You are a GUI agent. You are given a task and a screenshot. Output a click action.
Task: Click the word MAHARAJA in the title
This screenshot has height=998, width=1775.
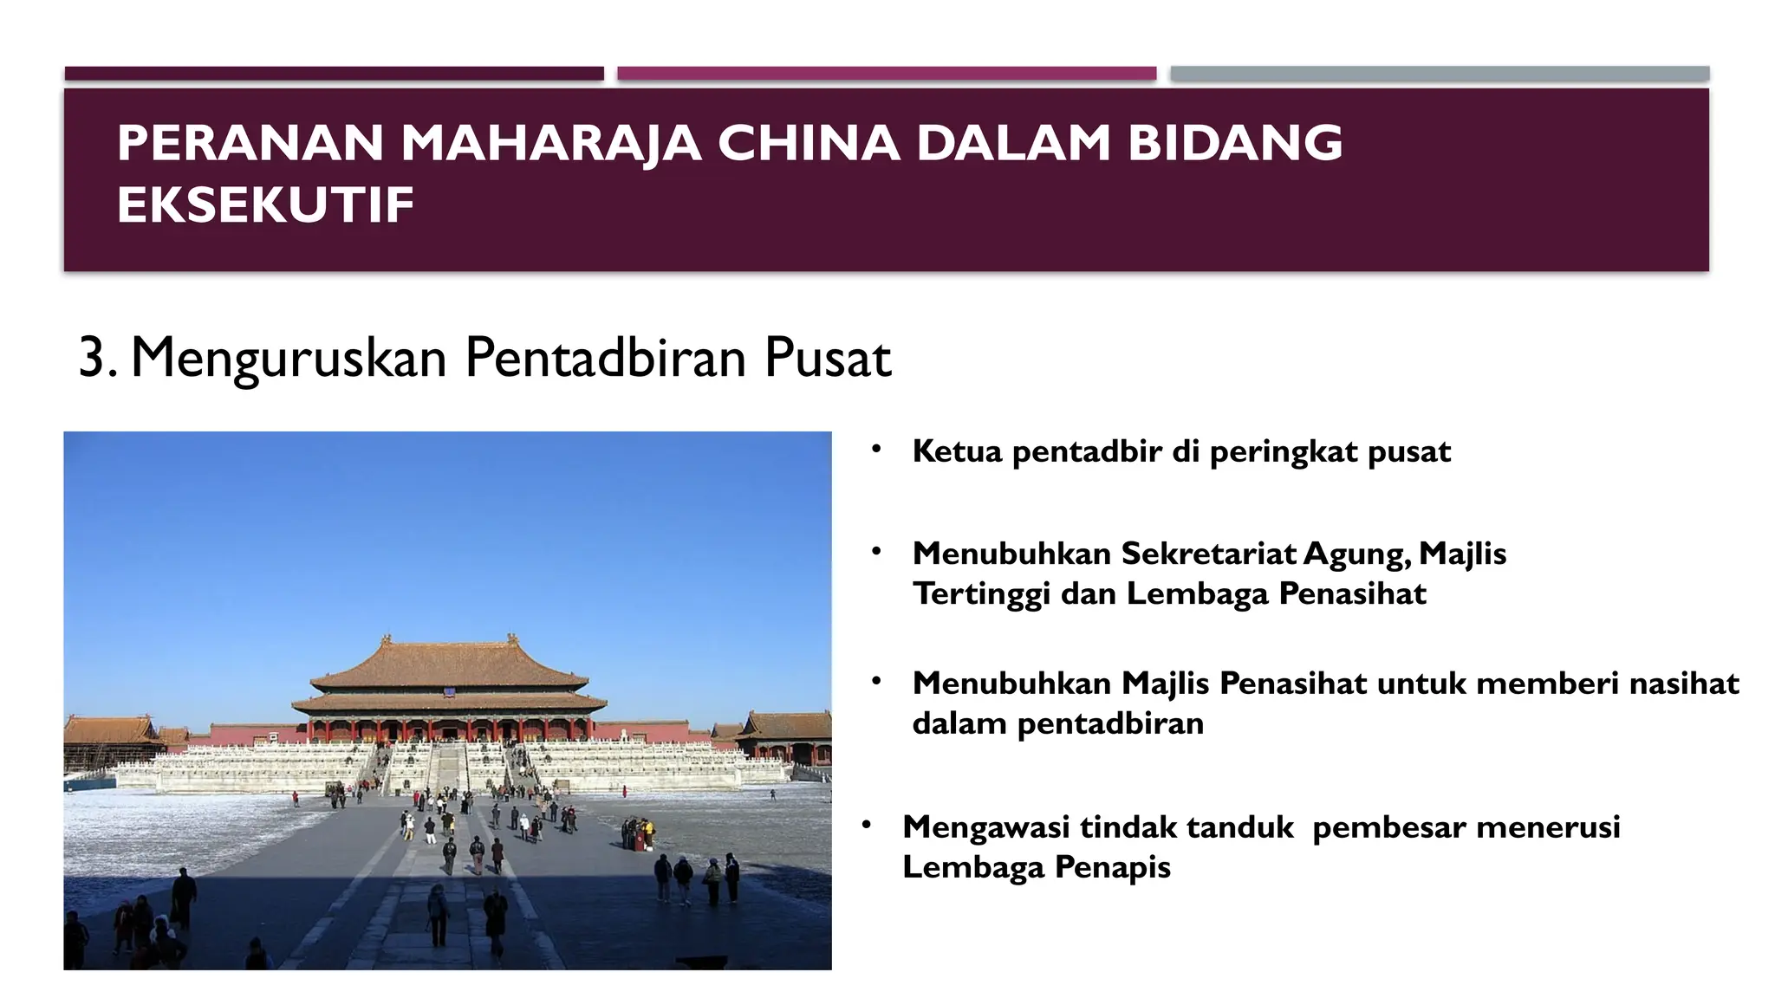click(x=550, y=143)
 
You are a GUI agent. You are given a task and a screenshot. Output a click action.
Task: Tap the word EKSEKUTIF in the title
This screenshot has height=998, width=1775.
click(x=265, y=205)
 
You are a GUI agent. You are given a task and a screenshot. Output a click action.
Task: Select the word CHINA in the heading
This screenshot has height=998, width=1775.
click(x=809, y=143)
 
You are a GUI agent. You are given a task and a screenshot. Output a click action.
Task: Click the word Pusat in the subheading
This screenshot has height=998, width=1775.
click(x=827, y=357)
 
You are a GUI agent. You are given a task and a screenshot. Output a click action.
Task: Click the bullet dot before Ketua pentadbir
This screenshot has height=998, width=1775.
click(x=876, y=449)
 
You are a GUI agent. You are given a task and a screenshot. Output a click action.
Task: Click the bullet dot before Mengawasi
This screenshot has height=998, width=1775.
click(x=866, y=825)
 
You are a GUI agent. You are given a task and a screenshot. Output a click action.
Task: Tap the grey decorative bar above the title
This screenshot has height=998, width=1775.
click(x=1439, y=74)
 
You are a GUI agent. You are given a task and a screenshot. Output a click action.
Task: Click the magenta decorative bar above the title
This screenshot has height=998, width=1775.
click(x=886, y=74)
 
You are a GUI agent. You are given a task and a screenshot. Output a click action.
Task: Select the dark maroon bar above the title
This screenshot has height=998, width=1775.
click(x=334, y=74)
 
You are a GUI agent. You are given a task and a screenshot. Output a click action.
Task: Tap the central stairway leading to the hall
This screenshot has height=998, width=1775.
click(x=447, y=767)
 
